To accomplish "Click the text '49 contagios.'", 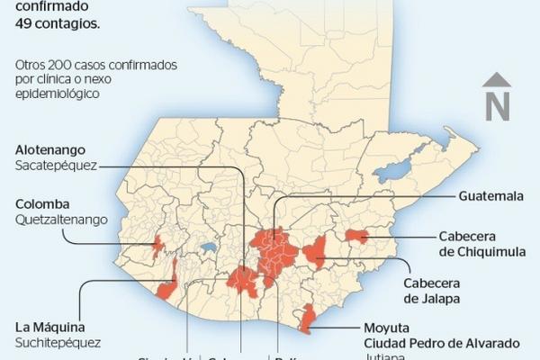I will tap(56, 24).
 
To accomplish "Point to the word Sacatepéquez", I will tap(56, 166).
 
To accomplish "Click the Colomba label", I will tap(42, 203).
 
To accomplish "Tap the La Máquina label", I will tap(50, 326).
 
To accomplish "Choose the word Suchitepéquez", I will tap(58, 342).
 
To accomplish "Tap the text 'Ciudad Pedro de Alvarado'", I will tap(442, 343).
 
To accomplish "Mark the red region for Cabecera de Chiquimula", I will tap(356, 236).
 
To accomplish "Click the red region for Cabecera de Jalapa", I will tap(315, 252).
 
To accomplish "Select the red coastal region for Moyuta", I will tap(308, 319).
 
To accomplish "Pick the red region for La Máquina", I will tap(166, 291).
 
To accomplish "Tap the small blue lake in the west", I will tap(208, 245).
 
